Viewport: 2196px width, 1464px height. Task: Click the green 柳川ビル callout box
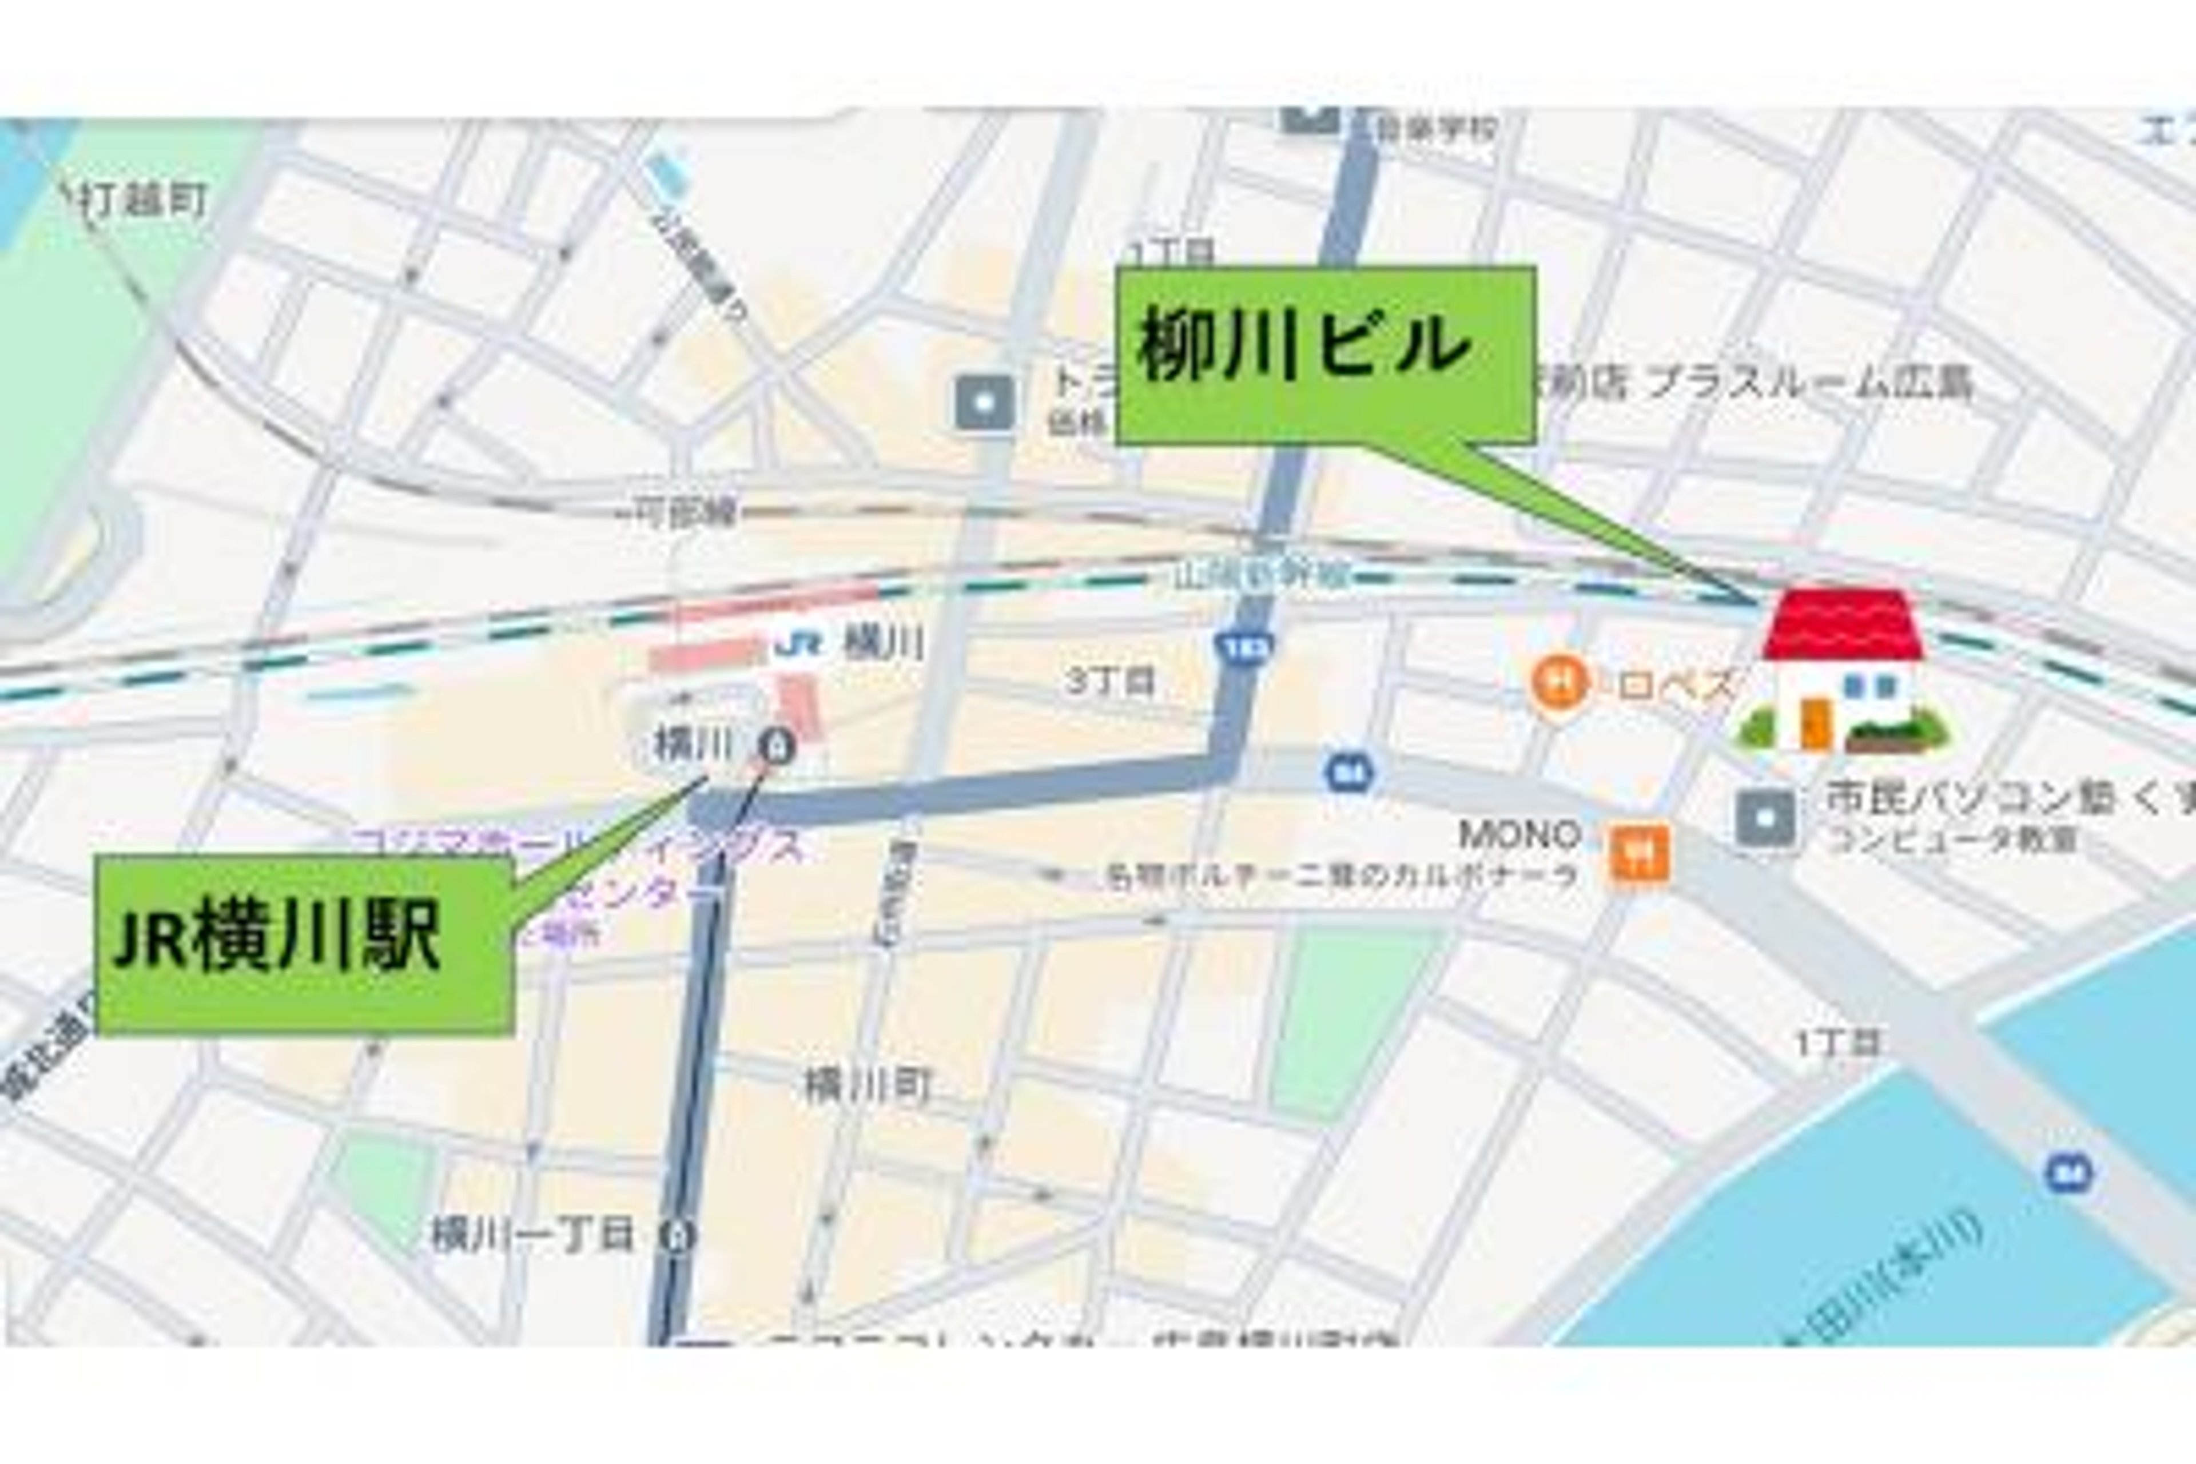click(x=1325, y=354)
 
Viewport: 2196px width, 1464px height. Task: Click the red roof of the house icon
click(x=1842, y=624)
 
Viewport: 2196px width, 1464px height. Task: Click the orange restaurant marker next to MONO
click(x=1638, y=853)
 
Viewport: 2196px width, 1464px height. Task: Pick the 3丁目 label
click(x=1110, y=681)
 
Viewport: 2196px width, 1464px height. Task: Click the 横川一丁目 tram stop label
click(x=532, y=1234)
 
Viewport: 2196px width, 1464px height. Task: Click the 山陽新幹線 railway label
click(x=1260, y=575)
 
